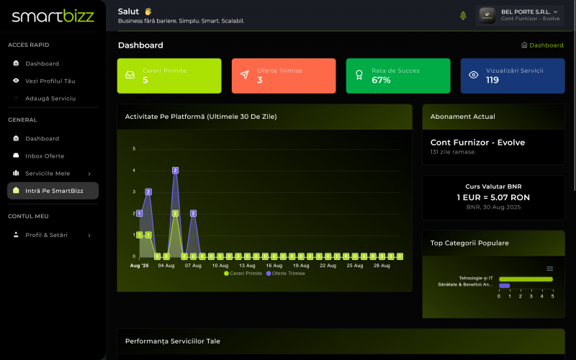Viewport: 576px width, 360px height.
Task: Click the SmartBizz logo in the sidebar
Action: pyautogui.click(x=53, y=16)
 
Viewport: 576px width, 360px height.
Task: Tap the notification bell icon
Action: pyautogui.click(x=463, y=15)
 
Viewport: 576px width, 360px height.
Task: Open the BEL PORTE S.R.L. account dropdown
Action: pyautogui.click(x=519, y=15)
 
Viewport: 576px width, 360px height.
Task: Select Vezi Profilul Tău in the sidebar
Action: pyautogui.click(x=50, y=81)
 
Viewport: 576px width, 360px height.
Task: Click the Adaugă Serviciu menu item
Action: pyautogui.click(x=50, y=98)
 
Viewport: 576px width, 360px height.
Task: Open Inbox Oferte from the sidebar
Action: pyautogui.click(x=44, y=156)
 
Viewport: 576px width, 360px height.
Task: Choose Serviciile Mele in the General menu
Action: pyautogui.click(x=48, y=174)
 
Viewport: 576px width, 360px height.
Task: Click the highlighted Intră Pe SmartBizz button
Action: pyautogui.click(x=53, y=191)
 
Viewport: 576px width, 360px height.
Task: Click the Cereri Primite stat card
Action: pyautogui.click(x=169, y=76)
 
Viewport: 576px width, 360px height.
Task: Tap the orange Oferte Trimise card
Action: pyautogui.click(x=284, y=76)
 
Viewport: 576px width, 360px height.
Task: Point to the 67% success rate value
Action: pyautogui.click(x=381, y=80)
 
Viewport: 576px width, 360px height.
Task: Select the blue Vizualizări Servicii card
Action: pyautogui.click(x=513, y=76)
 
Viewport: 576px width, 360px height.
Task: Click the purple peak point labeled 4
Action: pyautogui.click(x=175, y=171)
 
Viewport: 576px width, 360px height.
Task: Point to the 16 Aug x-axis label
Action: pyautogui.click(x=274, y=266)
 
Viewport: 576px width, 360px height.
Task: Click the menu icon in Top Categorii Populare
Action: pyautogui.click(x=550, y=269)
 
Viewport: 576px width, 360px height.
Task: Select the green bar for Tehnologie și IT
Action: pyautogui.click(x=526, y=279)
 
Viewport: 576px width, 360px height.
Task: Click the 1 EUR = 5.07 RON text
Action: pyautogui.click(x=493, y=197)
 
